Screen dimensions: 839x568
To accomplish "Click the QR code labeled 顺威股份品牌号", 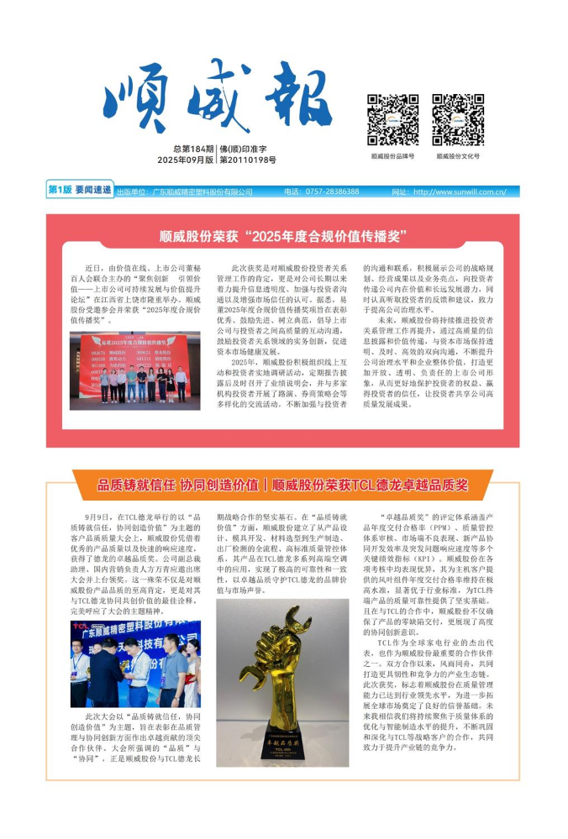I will (393, 120).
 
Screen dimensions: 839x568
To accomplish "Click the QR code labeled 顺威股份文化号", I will (458, 120).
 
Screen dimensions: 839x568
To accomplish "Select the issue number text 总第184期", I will (193, 148).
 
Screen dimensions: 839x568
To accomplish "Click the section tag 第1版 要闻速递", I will (80, 191).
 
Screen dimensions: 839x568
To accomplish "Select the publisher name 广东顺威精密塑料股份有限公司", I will (202, 192).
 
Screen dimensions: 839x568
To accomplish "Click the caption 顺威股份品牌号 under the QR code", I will (392, 156).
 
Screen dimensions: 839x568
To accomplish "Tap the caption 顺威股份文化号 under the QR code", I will (458, 156).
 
